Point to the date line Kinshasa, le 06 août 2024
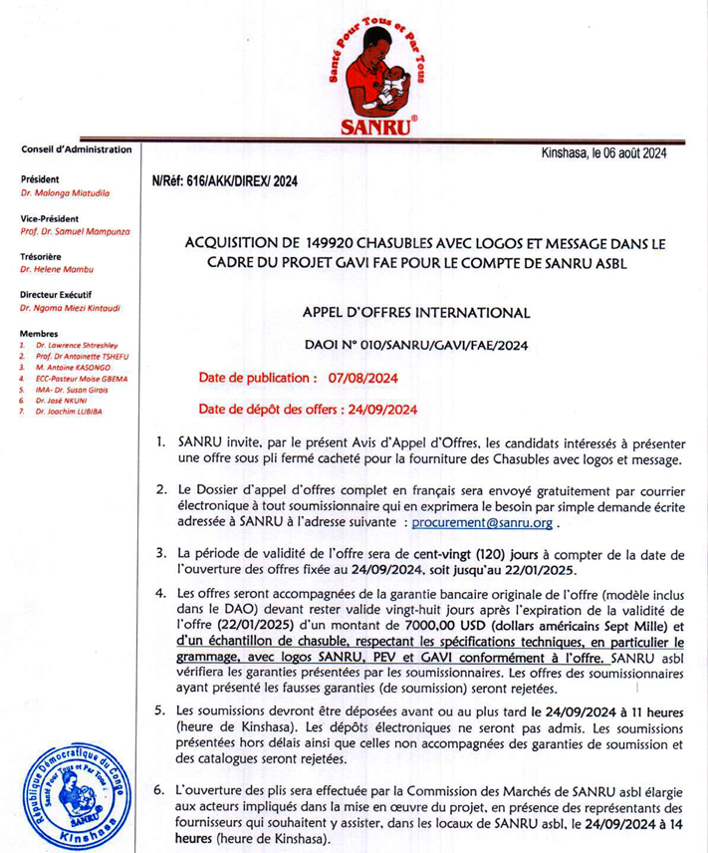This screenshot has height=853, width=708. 602,153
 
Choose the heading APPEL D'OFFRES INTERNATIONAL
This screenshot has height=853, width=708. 416,313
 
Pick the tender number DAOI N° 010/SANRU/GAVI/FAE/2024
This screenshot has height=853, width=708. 416,346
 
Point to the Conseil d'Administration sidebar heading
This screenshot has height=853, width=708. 77,149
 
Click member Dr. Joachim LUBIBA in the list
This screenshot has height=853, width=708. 69,412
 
